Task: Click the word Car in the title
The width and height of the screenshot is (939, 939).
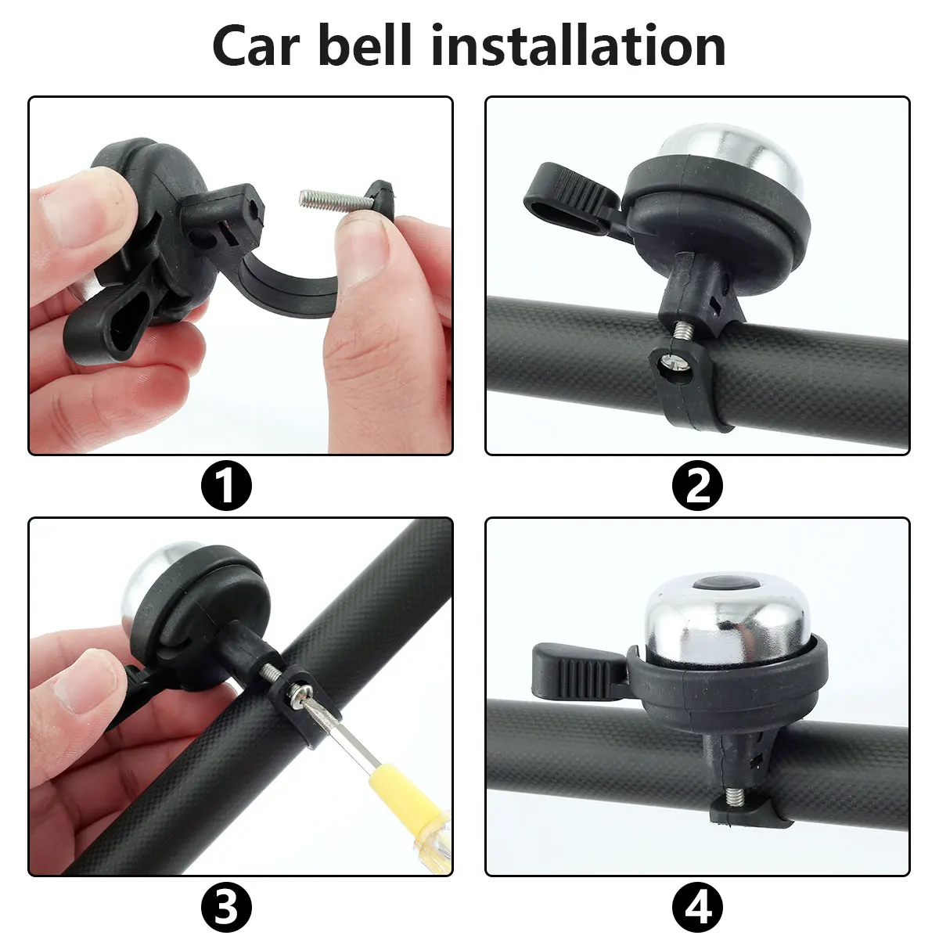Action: tap(256, 46)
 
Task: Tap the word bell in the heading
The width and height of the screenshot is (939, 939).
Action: tap(365, 45)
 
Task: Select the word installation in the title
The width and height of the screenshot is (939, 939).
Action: tap(578, 45)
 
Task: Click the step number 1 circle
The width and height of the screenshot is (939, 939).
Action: tap(227, 485)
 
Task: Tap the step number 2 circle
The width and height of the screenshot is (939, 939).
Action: tap(697, 485)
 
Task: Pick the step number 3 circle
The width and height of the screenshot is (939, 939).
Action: tap(227, 907)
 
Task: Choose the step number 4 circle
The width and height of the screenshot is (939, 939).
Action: tap(697, 907)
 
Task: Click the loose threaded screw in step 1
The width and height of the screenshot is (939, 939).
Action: tap(334, 199)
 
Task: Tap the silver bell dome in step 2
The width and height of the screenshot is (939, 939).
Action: tap(731, 156)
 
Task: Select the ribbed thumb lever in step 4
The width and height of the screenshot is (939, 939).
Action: tap(580, 672)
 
